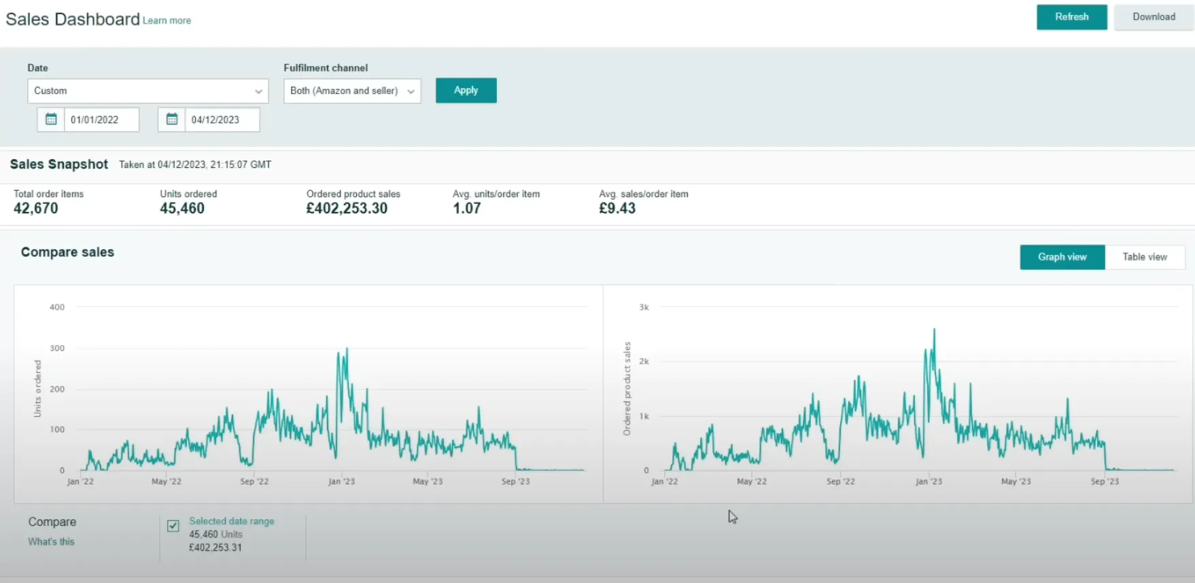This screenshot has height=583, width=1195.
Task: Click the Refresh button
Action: tap(1071, 17)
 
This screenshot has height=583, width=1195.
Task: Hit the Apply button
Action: tap(466, 90)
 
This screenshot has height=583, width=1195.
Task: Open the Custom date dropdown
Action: tap(148, 91)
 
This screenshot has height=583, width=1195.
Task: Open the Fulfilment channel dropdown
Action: tap(352, 91)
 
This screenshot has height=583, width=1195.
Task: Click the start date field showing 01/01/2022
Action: tap(101, 120)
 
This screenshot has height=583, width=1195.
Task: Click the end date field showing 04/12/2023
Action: tap(222, 120)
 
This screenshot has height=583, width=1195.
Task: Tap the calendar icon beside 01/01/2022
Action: tap(51, 120)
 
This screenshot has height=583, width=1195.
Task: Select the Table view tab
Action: tap(1145, 257)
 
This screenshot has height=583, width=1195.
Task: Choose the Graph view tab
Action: tap(1062, 257)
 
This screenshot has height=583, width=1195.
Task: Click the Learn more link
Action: tap(167, 21)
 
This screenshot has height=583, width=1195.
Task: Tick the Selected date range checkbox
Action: tap(173, 525)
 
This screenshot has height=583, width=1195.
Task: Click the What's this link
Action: tap(51, 542)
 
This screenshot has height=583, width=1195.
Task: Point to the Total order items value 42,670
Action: tap(36, 209)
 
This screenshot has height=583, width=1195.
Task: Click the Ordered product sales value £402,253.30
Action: tap(347, 209)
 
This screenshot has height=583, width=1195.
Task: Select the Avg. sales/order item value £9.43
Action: tap(617, 209)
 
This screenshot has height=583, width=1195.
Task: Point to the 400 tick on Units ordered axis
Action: tap(57, 307)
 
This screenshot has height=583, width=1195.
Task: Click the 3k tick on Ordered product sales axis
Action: tap(644, 307)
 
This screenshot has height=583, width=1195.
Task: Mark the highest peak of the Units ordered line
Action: tap(347, 349)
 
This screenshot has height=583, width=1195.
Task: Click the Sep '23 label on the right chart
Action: tap(1105, 481)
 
